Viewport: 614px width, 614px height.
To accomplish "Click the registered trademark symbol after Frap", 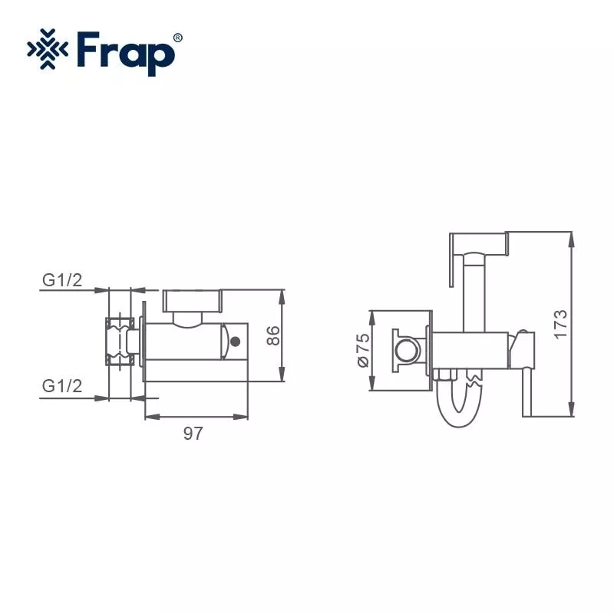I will pos(178,37).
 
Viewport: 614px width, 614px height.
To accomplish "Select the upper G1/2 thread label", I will pos(61,280).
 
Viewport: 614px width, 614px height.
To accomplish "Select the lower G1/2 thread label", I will pos(61,386).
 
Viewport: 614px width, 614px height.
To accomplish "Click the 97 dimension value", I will pos(193,434).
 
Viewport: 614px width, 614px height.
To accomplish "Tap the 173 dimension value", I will pos(561,323).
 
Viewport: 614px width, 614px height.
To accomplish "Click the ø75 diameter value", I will pos(362,350).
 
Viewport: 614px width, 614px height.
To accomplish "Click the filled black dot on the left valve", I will pos(236,341).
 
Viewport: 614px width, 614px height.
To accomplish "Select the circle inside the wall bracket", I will pos(408,351).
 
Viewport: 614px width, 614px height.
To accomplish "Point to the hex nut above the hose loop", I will pos(446,376).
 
